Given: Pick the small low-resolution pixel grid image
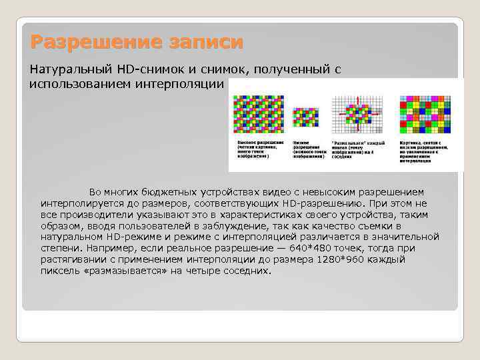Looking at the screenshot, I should [x=306, y=117].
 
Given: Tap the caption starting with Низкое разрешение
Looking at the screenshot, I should [x=307, y=149].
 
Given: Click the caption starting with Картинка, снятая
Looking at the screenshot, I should [x=425, y=151].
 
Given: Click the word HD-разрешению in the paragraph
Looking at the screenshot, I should [x=327, y=203].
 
